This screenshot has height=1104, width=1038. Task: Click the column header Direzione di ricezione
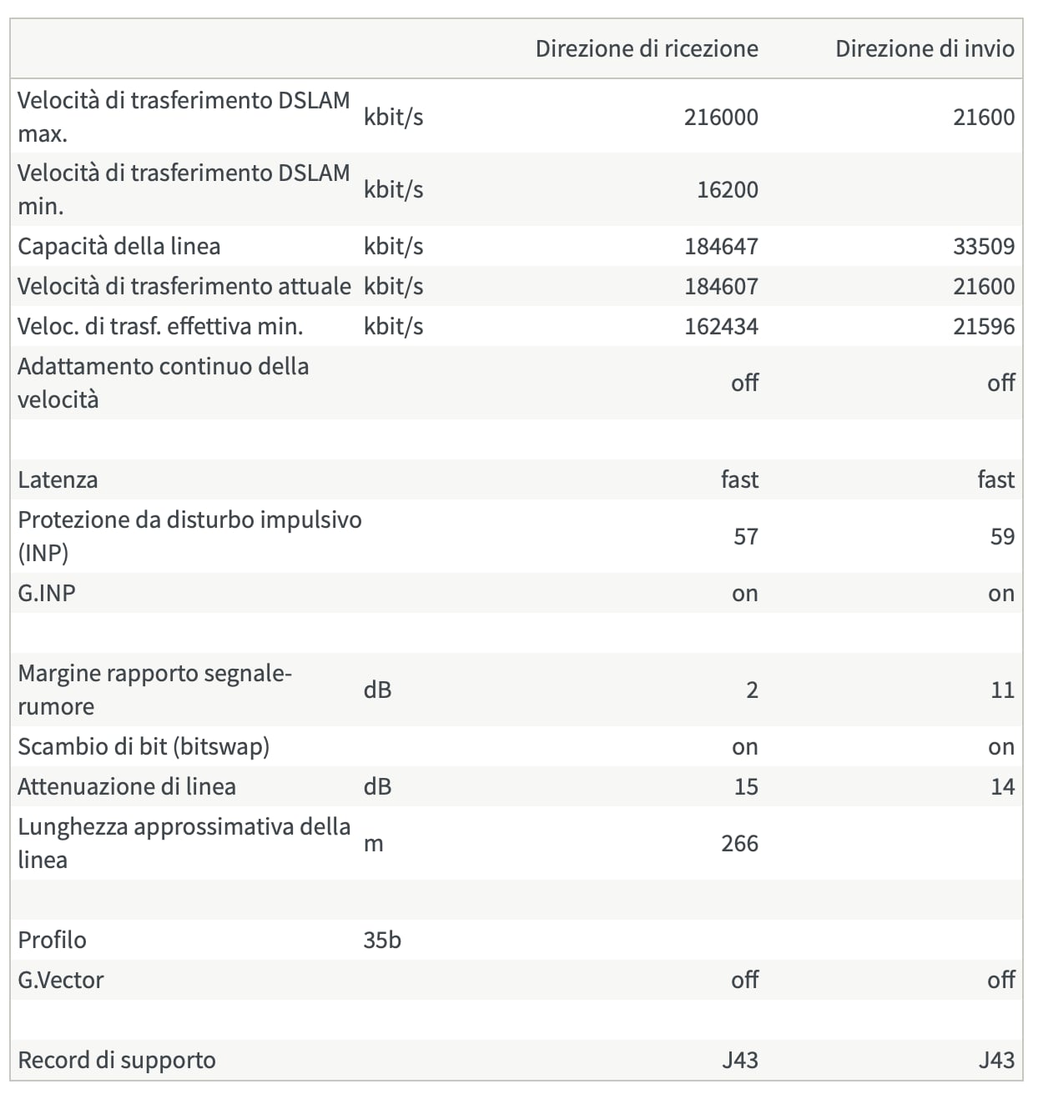[647, 48]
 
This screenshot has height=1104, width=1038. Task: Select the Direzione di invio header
[925, 48]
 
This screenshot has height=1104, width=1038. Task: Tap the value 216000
[721, 117]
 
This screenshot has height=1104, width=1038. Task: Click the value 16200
[728, 189]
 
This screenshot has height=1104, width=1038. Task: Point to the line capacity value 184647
[721, 246]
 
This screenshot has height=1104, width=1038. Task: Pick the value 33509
[984, 246]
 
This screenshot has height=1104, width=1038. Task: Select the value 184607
[721, 286]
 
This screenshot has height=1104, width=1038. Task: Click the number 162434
[721, 326]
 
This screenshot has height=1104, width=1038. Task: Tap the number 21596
[984, 326]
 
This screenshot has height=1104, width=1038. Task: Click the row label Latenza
[58, 479]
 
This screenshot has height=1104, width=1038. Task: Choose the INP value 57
[746, 536]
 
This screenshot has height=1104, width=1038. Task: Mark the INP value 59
[1002, 536]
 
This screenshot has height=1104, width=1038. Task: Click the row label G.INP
[47, 593]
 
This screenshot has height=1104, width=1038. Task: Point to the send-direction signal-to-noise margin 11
[1002, 690]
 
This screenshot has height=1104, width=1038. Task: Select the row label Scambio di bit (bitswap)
[144, 746]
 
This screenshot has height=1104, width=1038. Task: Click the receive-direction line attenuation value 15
[746, 786]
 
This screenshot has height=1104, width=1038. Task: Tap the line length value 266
[740, 843]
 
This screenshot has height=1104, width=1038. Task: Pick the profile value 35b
[382, 940]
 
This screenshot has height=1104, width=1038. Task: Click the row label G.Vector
[61, 980]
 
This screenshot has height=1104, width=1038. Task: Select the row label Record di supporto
[117, 1060]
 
